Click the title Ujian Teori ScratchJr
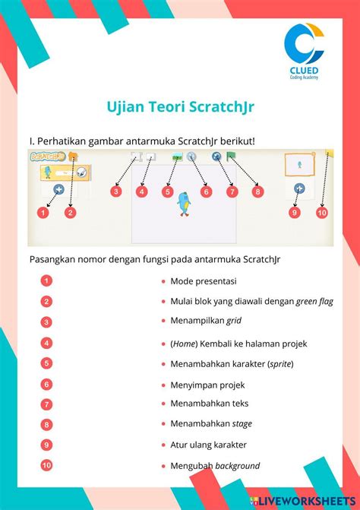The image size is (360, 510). pyautogui.click(x=180, y=107)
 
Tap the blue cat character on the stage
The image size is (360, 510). pyautogui.click(x=182, y=203)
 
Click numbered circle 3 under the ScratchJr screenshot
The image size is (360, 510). pyautogui.click(x=115, y=192)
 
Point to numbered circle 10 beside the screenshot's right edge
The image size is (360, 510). pyautogui.click(x=321, y=213)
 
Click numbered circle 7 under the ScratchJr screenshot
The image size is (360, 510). pyautogui.click(x=232, y=192)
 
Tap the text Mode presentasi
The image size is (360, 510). pyautogui.click(x=204, y=280)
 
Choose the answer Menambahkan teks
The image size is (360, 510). pyautogui.click(x=209, y=404)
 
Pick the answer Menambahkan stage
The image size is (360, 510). pyautogui.click(x=211, y=423)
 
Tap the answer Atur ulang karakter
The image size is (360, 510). pyautogui.click(x=208, y=445)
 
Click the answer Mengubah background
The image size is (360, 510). pyautogui.click(x=215, y=465)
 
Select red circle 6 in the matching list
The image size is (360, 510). pyautogui.click(x=47, y=385)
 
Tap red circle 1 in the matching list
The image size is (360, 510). pyautogui.click(x=47, y=280)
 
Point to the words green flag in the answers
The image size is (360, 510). pyautogui.click(x=314, y=301)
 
